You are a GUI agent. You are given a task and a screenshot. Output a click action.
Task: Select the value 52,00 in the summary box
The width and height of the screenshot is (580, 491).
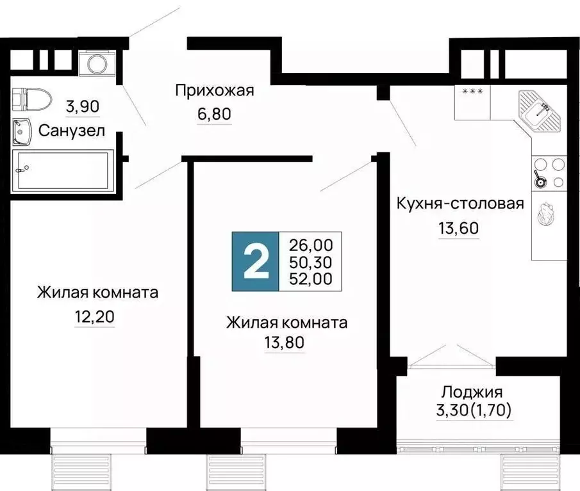click(x=310, y=279)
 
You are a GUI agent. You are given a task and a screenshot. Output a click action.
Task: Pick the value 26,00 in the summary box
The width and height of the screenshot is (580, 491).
click(x=310, y=245)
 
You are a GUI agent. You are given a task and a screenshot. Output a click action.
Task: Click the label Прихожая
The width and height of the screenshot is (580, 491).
click(x=215, y=90)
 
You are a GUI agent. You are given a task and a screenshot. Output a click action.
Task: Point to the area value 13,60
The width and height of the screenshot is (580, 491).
click(x=459, y=227)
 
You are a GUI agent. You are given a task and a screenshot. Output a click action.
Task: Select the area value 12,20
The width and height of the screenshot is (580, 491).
click(x=95, y=316)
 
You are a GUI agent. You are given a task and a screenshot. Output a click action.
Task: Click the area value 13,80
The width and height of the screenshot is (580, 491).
click(x=285, y=343)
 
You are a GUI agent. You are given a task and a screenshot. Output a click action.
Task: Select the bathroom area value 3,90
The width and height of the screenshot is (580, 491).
click(x=83, y=107)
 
